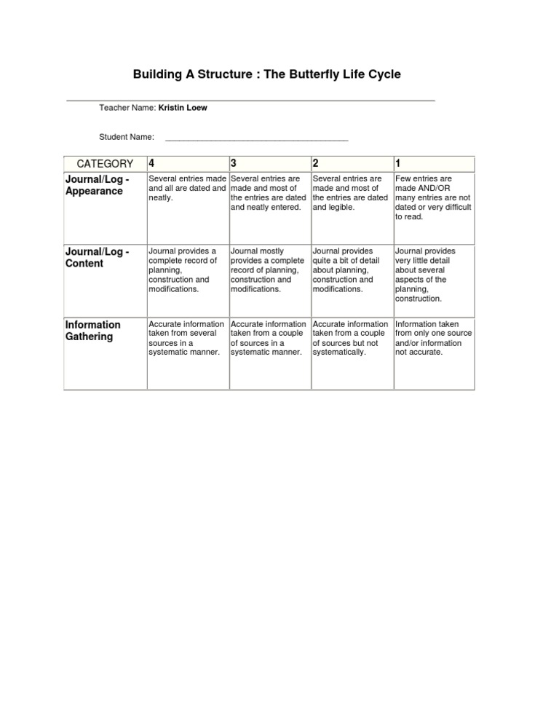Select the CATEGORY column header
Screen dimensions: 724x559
click(x=106, y=164)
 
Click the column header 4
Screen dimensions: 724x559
click(x=151, y=163)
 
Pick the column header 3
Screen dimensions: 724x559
click(x=234, y=163)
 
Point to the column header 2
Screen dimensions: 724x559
click(x=315, y=163)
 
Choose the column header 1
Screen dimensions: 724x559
click(x=397, y=163)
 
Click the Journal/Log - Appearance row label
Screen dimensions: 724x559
click(x=98, y=185)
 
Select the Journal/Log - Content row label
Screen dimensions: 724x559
click(x=98, y=257)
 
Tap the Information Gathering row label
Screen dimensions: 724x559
click(x=92, y=330)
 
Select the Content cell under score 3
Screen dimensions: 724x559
click(x=267, y=269)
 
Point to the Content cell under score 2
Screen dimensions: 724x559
click(x=349, y=269)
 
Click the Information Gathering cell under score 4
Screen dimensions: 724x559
click(x=186, y=338)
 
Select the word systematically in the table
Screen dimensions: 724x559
click(x=338, y=353)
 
